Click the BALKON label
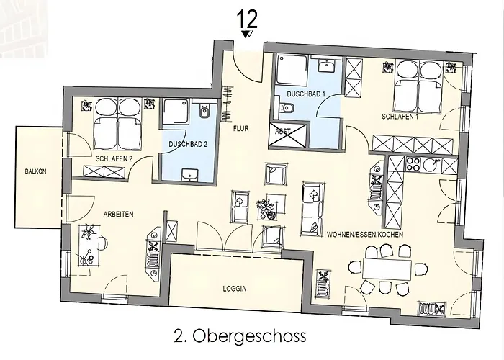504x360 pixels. (x=36, y=171)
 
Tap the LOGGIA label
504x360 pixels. (x=234, y=289)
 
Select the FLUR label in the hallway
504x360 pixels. (x=240, y=129)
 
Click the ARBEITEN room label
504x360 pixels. (x=118, y=214)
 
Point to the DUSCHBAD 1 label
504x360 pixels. (x=306, y=94)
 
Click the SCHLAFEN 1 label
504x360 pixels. (x=400, y=117)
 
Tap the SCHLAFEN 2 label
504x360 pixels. (x=114, y=159)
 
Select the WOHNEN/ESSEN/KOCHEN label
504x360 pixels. (x=365, y=234)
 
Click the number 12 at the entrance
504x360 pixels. (x=247, y=19)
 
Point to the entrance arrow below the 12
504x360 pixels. (x=247, y=34)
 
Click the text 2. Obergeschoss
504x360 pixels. (x=240, y=336)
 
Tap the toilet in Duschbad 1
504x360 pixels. (x=285, y=108)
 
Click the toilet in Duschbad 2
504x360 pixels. (x=204, y=111)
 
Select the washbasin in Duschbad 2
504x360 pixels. (x=189, y=175)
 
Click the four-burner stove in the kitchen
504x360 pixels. (x=413, y=164)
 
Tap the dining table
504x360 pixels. (x=387, y=269)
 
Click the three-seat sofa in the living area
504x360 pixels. (x=312, y=210)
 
